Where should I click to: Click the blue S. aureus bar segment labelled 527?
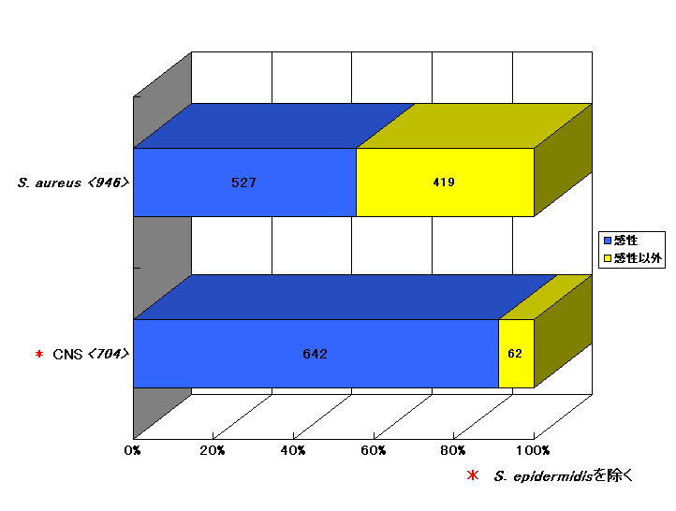[245, 182]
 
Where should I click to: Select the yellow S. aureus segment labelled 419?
[446, 182]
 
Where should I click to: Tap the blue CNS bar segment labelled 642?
[316, 354]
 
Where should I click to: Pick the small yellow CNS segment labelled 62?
[517, 354]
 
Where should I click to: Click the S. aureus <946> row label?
[73, 182]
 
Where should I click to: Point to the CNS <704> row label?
[91, 354]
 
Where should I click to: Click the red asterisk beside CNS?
[39, 354]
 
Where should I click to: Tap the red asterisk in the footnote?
[473, 475]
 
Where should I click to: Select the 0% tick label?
[132, 451]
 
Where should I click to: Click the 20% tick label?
[213, 451]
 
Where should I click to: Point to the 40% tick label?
[293, 451]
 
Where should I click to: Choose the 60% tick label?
[374, 451]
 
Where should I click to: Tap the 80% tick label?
[453, 451]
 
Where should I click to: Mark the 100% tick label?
[533, 451]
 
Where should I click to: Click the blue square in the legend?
[608, 241]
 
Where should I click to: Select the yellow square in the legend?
[608, 258]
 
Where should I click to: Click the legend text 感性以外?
[638, 258]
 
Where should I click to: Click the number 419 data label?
[444, 182]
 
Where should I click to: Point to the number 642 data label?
[316, 354]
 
